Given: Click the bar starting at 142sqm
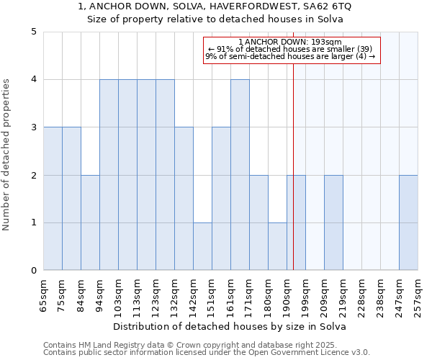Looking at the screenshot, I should [x=202, y=246].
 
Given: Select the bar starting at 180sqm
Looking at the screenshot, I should [x=277, y=246].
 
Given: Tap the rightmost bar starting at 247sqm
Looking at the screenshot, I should [x=408, y=222].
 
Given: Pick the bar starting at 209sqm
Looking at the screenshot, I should [x=333, y=222].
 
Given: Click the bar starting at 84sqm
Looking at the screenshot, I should [x=90, y=222].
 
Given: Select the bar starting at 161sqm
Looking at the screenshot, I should [x=240, y=175].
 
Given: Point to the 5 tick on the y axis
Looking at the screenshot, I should [x=34, y=32].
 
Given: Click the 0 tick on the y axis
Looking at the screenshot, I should [x=34, y=271].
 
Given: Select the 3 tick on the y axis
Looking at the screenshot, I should [x=34, y=127].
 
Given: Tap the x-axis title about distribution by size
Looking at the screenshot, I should [x=230, y=326].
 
